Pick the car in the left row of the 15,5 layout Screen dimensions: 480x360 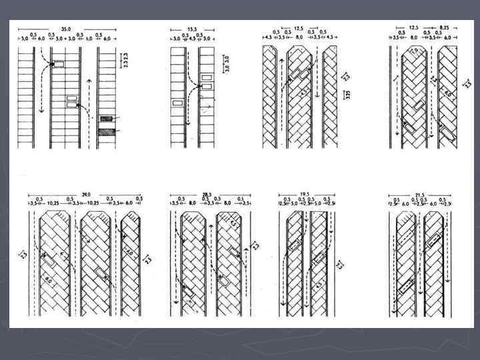coord(177,103)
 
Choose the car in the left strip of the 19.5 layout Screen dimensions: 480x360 coord(294,246)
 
